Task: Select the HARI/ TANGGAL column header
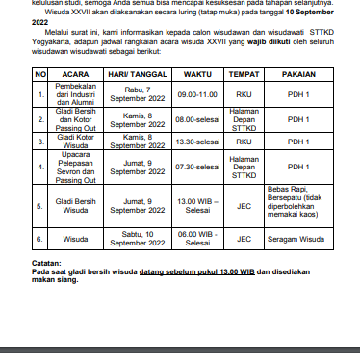[135, 73]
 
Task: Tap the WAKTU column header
[196, 73]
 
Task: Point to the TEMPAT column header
[244, 73]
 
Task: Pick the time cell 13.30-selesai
[196, 141]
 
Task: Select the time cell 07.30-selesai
[196, 168]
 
